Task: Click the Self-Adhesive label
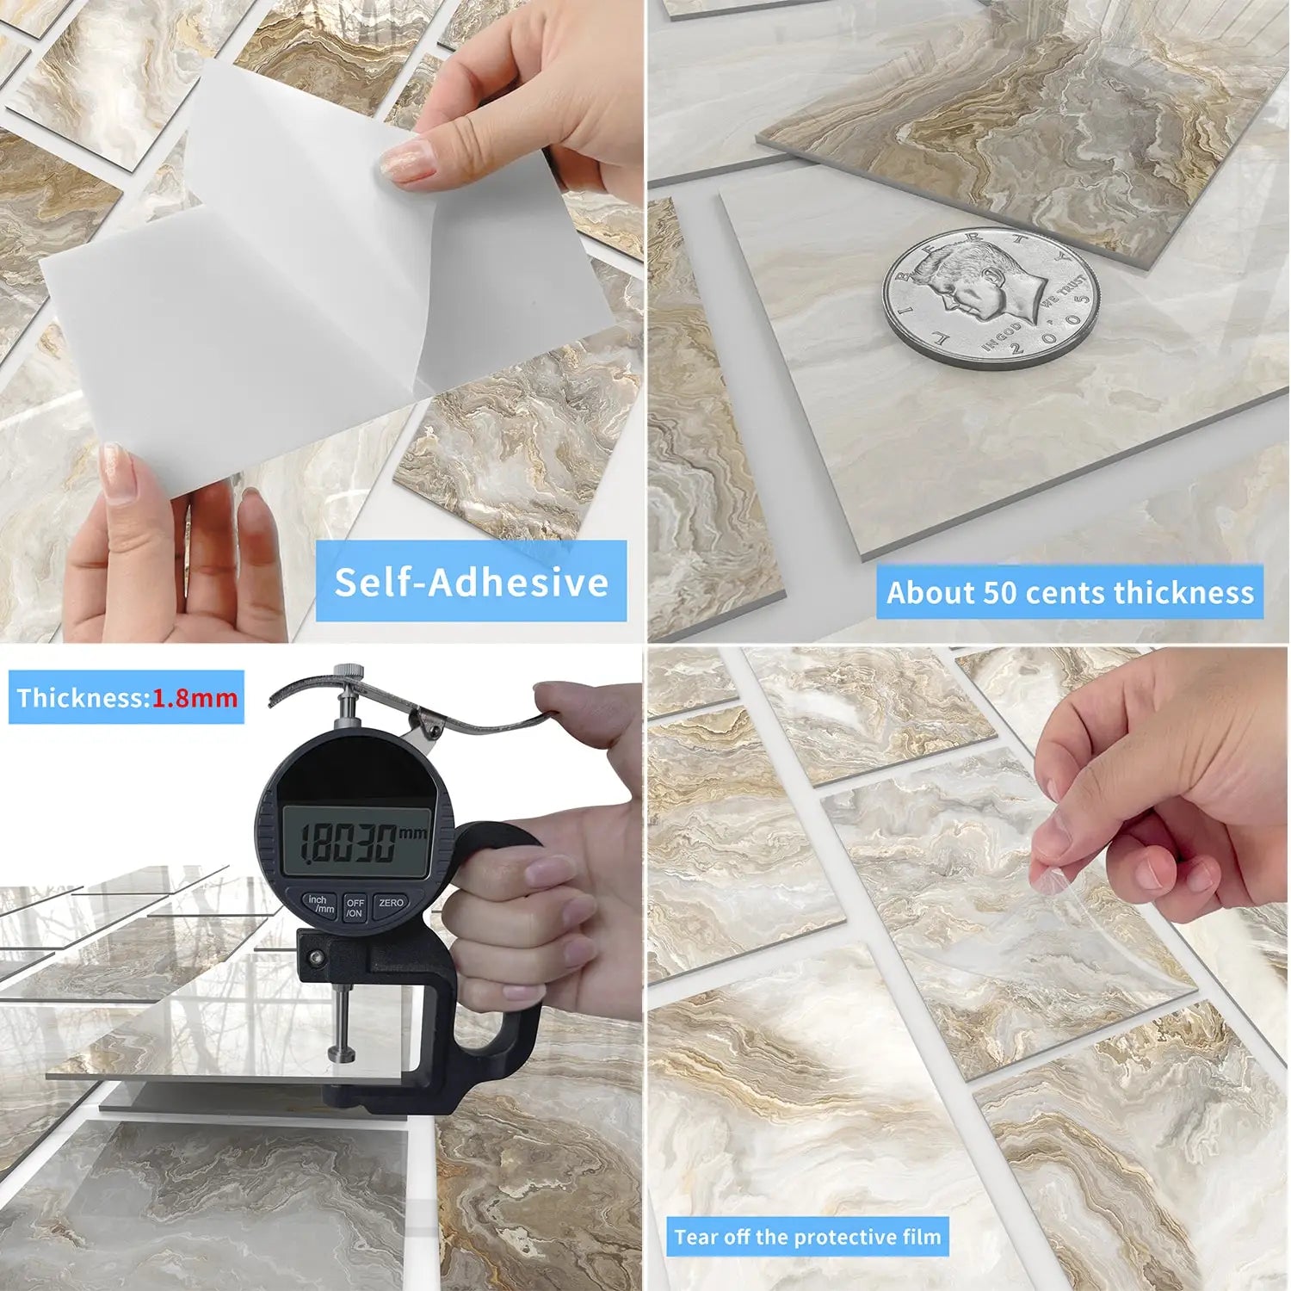[471, 582]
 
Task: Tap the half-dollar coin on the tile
[991, 298]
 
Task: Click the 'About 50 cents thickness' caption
[1070, 593]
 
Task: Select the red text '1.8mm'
[195, 697]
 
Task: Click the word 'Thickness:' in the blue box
[83, 697]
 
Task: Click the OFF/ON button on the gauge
[355, 907]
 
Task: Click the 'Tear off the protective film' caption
[807, 1237]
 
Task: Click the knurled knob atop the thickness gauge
[348, 672]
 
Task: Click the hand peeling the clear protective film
[1153, 792]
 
